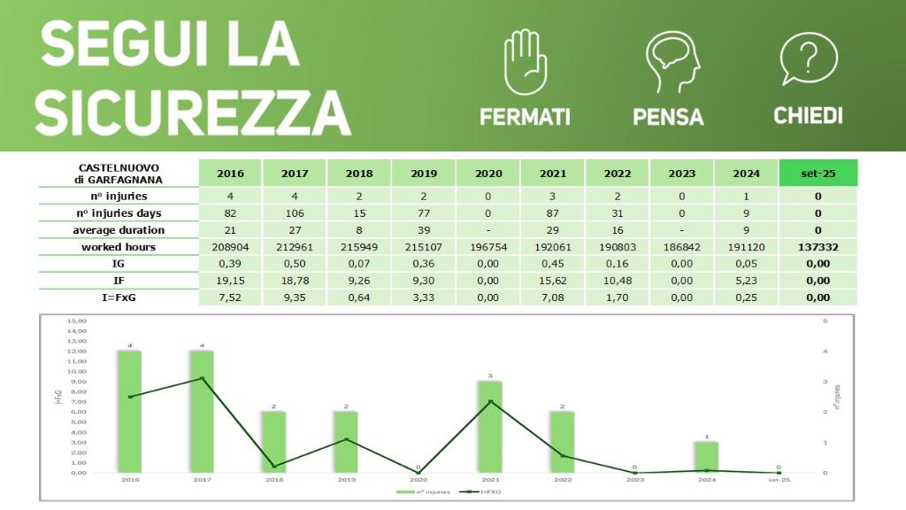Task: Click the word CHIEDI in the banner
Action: [808, 116]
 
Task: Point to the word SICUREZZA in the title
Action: [193, 111]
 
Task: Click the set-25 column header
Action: [818, 174]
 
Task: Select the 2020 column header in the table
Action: [488, 174]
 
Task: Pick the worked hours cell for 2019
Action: [423, 247]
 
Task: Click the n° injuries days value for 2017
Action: [294, 213]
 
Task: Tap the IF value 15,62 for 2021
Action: [551, 281]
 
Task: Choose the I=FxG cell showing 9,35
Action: [294, 297]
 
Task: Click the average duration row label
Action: [119, 230]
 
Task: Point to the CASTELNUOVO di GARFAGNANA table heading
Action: [119, 173]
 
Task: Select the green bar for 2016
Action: [130, 412]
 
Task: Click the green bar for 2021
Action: [489, 427]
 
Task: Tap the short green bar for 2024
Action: [706, 457]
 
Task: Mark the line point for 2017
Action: [202, 378]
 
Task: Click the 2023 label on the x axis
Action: [633, 479]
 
